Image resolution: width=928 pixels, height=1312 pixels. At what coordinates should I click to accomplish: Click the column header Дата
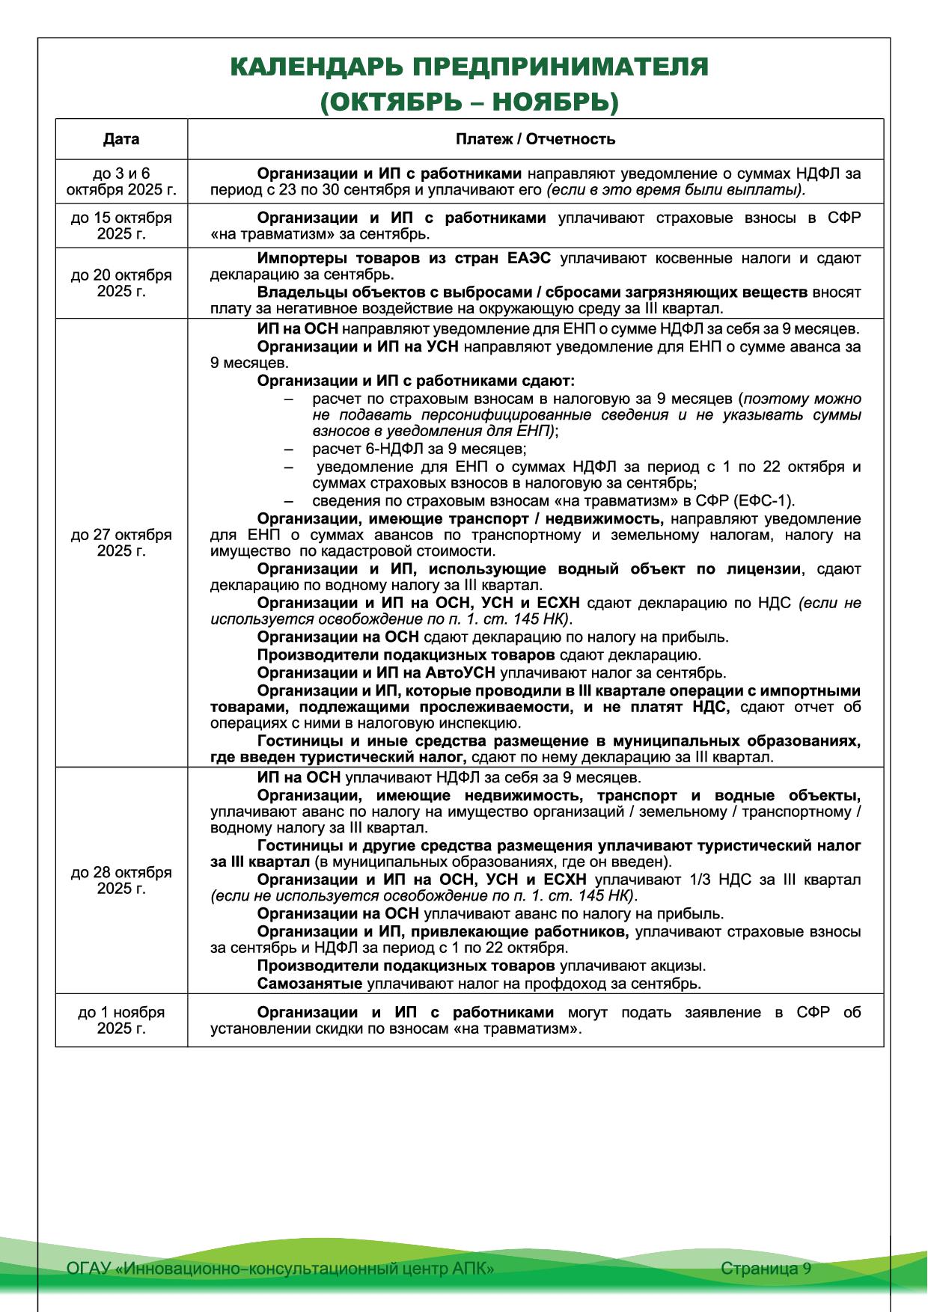click(x=121, y=139)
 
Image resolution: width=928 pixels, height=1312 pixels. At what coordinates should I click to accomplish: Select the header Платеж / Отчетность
click(x=535, y=139)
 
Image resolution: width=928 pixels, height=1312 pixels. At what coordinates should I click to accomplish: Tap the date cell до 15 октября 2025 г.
click(x=121, y=226)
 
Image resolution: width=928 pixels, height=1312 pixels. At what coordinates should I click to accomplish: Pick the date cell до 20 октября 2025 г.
click(x=121, y=283)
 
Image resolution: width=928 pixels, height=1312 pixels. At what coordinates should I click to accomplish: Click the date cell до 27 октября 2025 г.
click(x=121, y=542)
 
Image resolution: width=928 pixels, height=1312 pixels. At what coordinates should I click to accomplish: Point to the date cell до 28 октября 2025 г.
click(x=121, y=880)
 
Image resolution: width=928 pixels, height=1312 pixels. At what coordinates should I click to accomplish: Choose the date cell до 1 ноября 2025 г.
click(x=121, y=1020)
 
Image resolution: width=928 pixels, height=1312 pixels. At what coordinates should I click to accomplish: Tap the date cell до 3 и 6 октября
click(x=121, y=182)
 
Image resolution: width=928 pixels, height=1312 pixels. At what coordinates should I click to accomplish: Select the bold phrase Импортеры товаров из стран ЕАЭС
click(x=404, y=259)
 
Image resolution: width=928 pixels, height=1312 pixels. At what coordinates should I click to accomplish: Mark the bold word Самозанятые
click(x=310, y=984)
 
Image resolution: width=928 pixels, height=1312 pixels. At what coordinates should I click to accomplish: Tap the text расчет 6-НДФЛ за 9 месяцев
click(x=419, y=450)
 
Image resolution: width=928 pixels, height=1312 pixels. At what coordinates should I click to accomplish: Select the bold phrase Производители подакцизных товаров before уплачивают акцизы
click(x=401, y=966)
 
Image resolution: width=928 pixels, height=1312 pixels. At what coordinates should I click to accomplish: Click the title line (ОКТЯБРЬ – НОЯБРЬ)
click(x=469, y=102)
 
